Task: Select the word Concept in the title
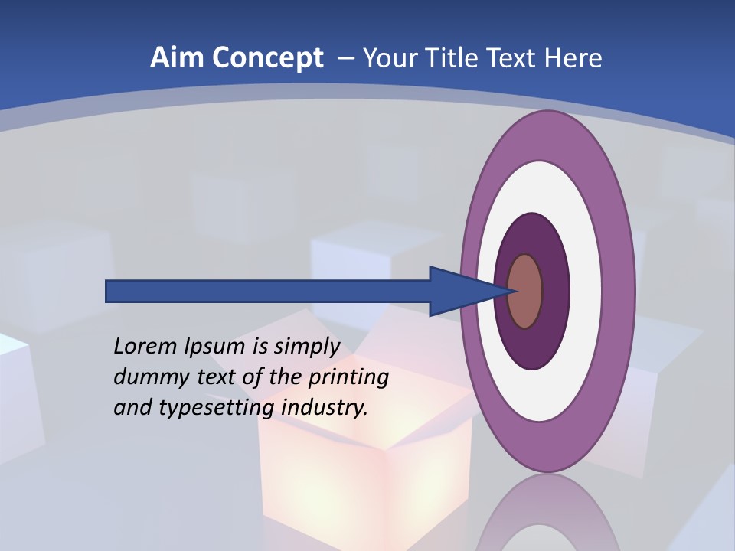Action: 268,58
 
